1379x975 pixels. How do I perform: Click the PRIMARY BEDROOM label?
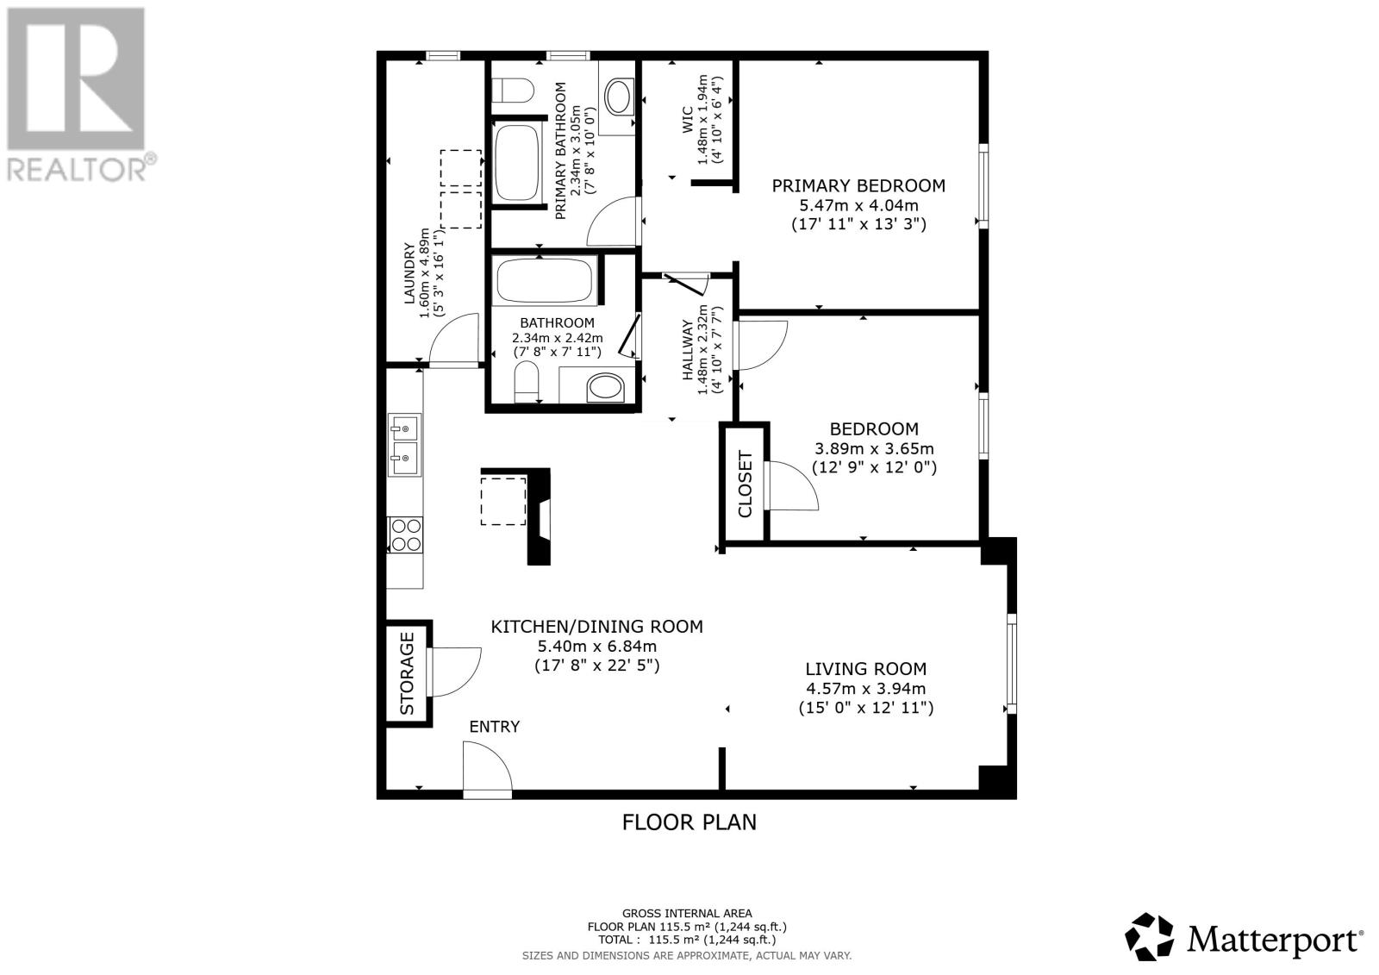(x=858, y=185)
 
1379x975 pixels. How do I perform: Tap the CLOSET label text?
(x=746, y=484)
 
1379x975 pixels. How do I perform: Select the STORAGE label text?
(x=408, y=673)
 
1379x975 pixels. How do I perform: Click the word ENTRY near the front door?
(x=494, y=727)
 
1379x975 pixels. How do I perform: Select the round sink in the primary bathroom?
(x=618, y=97)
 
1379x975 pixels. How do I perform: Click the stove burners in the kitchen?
(x=405, y=534)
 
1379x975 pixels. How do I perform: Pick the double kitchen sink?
(x=403, y=444)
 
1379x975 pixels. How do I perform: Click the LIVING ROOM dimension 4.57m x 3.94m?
(x=865, y=688)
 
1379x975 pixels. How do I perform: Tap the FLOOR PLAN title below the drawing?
(x=689, y=822)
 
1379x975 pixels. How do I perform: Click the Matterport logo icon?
(x=1150, y=936)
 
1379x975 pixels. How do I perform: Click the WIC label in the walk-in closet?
(x=687, y=119)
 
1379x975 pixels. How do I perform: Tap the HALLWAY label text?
(x=688, y=350)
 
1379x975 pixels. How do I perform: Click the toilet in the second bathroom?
(x=526, y=381)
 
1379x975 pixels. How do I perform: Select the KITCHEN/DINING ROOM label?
(x=596, y=627)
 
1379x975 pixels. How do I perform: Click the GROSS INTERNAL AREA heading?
(x=687, y=913)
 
